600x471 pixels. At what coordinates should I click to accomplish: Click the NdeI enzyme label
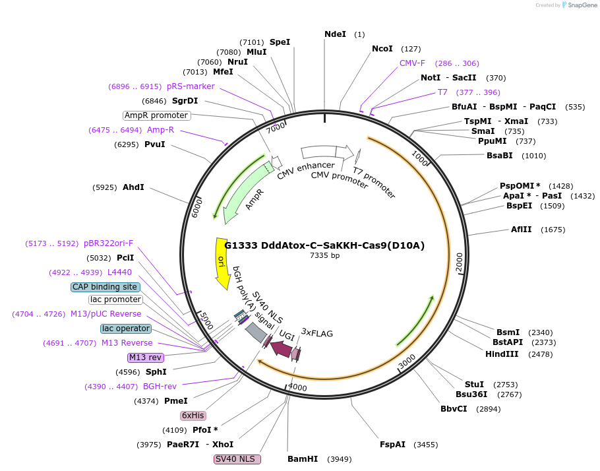[x=335, y=34]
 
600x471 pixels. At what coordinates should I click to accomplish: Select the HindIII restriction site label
[x=502, y=354]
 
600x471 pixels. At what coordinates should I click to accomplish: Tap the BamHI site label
[x=303, y=459]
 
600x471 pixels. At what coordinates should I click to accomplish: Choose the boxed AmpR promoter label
[x=156, y=115]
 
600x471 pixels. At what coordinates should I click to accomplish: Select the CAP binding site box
[x=105, y=287]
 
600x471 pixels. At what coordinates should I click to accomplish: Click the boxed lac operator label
[x=125, y=329]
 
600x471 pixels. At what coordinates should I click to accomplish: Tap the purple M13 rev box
[x=146, y=358]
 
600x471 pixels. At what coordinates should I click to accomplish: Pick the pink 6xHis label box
[x=193, y=416]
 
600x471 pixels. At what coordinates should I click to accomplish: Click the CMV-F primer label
[x=412, y=63]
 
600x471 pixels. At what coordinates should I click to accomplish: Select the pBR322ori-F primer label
[x=108, y=243]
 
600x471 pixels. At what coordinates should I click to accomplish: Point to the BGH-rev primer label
[x=160, y=387]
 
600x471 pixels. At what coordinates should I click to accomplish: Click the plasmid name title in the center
[x=324, y=245]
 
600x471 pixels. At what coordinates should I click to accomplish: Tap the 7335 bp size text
[x=325, y=256]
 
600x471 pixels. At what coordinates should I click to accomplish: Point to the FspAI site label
[x=392, y=445]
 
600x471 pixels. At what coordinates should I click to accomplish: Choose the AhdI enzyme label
[x=133, y=187]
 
